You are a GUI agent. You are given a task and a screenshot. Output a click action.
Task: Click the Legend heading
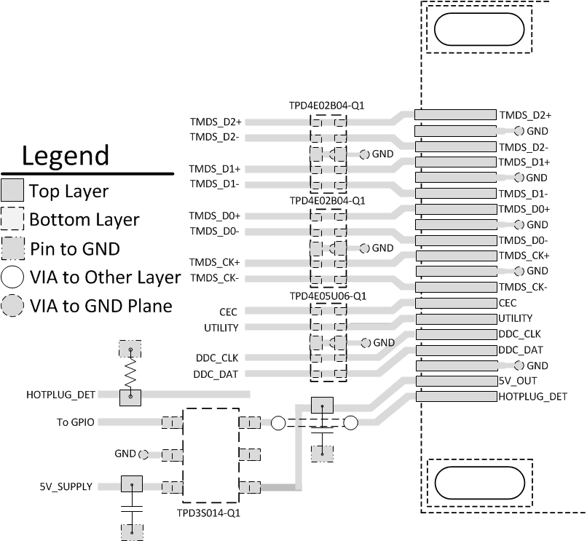click(x=66, y=155)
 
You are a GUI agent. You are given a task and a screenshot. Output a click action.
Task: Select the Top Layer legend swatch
click(x=12, y=191)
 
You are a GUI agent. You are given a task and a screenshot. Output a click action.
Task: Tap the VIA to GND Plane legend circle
click(x=12, y=305)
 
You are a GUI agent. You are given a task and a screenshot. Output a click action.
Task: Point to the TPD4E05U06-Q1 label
click(x=327, y=296)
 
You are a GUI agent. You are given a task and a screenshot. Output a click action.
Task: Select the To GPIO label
click(x=74, y=422)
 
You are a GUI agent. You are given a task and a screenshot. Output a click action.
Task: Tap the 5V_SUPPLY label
click(x=66, y=486)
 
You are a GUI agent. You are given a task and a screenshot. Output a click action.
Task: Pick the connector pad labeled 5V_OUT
click(x=454, y=381)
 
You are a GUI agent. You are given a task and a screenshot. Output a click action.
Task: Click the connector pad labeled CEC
click(x=454, y=302)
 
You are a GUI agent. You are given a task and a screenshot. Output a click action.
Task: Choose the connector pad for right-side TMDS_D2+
click(x=454, y=115)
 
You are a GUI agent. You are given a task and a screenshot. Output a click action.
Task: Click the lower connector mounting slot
click(x=478, y=482)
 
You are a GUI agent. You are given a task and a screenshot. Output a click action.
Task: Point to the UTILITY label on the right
click(x=515, y=318)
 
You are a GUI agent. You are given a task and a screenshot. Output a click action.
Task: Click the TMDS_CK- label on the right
click(x=523, y=287)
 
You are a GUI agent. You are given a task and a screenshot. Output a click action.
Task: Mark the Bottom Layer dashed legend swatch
click(x=12, y=219)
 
